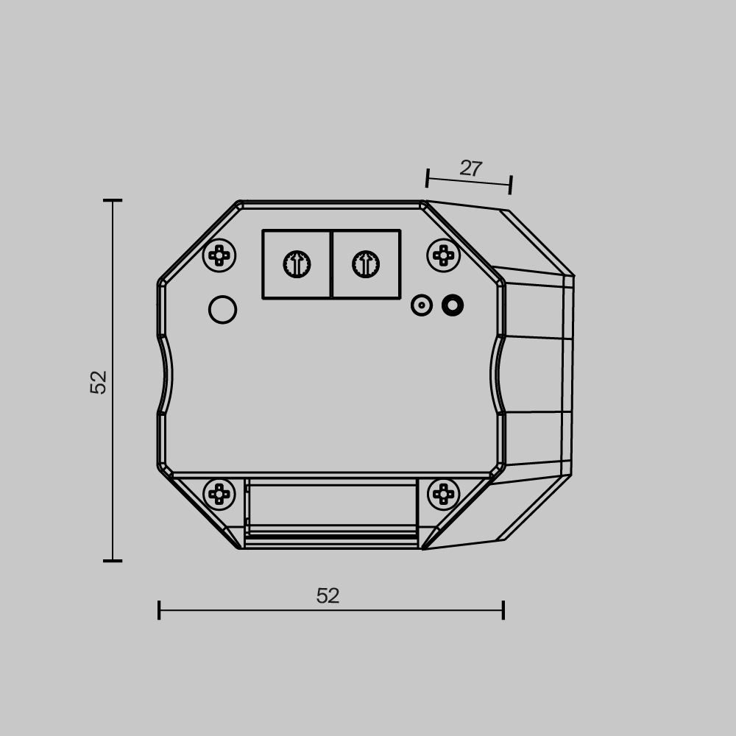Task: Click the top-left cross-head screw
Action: (x=219, y=255)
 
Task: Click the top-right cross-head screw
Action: (x=443, y=255)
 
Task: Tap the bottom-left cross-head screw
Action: (x=219, y=494)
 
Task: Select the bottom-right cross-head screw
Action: (x=443, y=494)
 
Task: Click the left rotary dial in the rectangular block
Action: (x=297, y=264)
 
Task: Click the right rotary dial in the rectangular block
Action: (x=366, y=264)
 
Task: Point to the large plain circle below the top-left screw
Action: (x=222, y=310)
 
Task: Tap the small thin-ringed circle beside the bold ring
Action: (x=422, y=305)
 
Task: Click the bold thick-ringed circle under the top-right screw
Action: (x=453, y=305)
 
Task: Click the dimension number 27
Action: (x=470, y=169)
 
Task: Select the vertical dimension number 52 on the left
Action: (x=99, y=382)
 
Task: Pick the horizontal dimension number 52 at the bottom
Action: (x=328, y=596)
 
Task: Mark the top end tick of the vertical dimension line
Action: (x=113, y=200)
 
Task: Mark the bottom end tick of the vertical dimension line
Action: (x=113, y=561)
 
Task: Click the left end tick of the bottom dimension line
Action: (x=159, y=610)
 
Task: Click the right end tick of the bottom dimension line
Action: (x=503, y=610)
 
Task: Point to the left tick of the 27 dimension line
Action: (x=428, y=178)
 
